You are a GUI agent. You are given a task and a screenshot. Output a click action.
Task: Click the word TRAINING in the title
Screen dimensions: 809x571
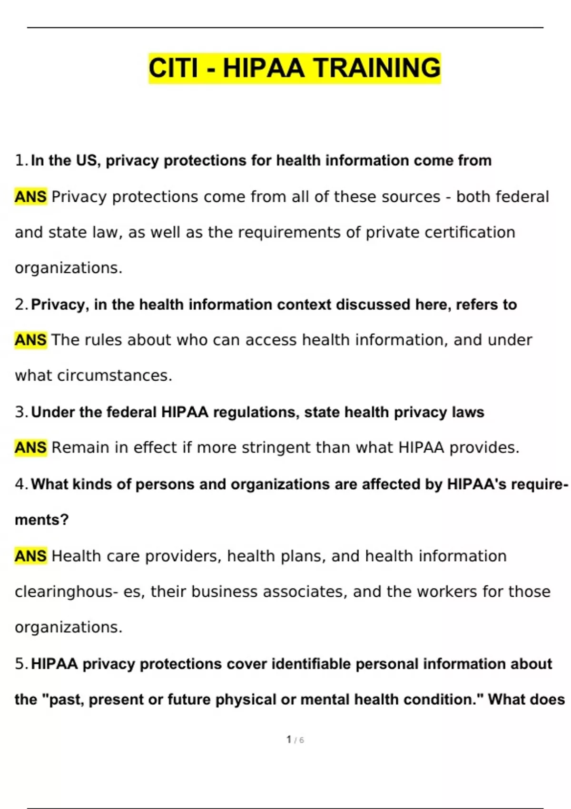pyautogui.click(x=377, y=68)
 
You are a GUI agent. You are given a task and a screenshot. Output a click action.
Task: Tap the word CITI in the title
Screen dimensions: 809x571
pyautogui.click(x=173, y=68)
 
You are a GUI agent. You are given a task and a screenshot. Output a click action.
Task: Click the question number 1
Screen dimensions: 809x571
pyautogui.click(x=21, y=160)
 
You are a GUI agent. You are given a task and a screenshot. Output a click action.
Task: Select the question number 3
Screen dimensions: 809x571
pyautogui.click(x=21, y=412)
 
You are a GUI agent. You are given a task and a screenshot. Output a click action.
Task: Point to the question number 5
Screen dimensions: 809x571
pyautogui.click(x=21, y=663)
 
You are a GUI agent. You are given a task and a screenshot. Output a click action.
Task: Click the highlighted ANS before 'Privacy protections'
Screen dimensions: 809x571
pyautogui.click(x=30, y=197)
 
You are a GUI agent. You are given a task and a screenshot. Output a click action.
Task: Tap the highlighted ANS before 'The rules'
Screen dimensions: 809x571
pyautogui.click(x=30, y=340)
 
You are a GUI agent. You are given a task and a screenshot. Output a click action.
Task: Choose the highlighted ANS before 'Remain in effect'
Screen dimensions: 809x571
pyautogui.click(x=30, y=447)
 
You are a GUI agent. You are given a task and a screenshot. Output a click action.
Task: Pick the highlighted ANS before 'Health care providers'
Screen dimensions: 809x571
pyautogui.click(x=30, y=556)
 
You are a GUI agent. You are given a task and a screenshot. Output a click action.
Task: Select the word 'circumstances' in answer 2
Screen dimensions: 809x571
pyautogui.click(x=114, y=375)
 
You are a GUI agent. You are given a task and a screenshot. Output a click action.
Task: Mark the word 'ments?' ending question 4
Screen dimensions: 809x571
pyautogui.click(x=42, y=519)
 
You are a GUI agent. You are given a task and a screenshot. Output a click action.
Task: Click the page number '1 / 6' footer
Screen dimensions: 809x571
pyautogui.click(x=295, y=740)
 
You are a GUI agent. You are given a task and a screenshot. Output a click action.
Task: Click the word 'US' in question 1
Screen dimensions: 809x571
pyautogui.click(x=87, y=160)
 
